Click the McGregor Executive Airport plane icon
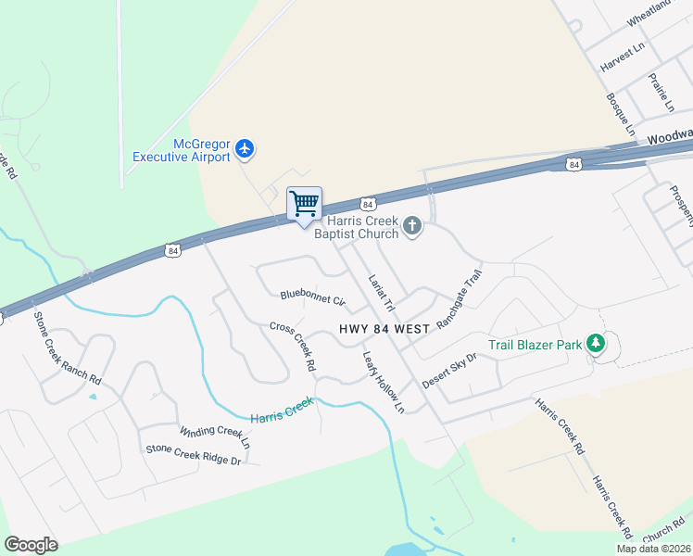click(245, 148)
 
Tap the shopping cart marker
click(304, 203)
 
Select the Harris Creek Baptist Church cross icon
click(412, 226)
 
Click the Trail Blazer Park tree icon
click(597, 345)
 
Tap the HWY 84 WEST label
click(384, 329)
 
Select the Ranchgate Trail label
click(460, 300)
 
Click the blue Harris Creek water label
click(283, 407)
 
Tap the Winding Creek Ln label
click(215, 433)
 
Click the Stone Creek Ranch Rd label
click(67, 347)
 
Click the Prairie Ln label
click(661, 93)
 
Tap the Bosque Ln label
click(620, 112)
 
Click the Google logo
click(31, 545)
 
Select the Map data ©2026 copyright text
click(653, 549)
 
